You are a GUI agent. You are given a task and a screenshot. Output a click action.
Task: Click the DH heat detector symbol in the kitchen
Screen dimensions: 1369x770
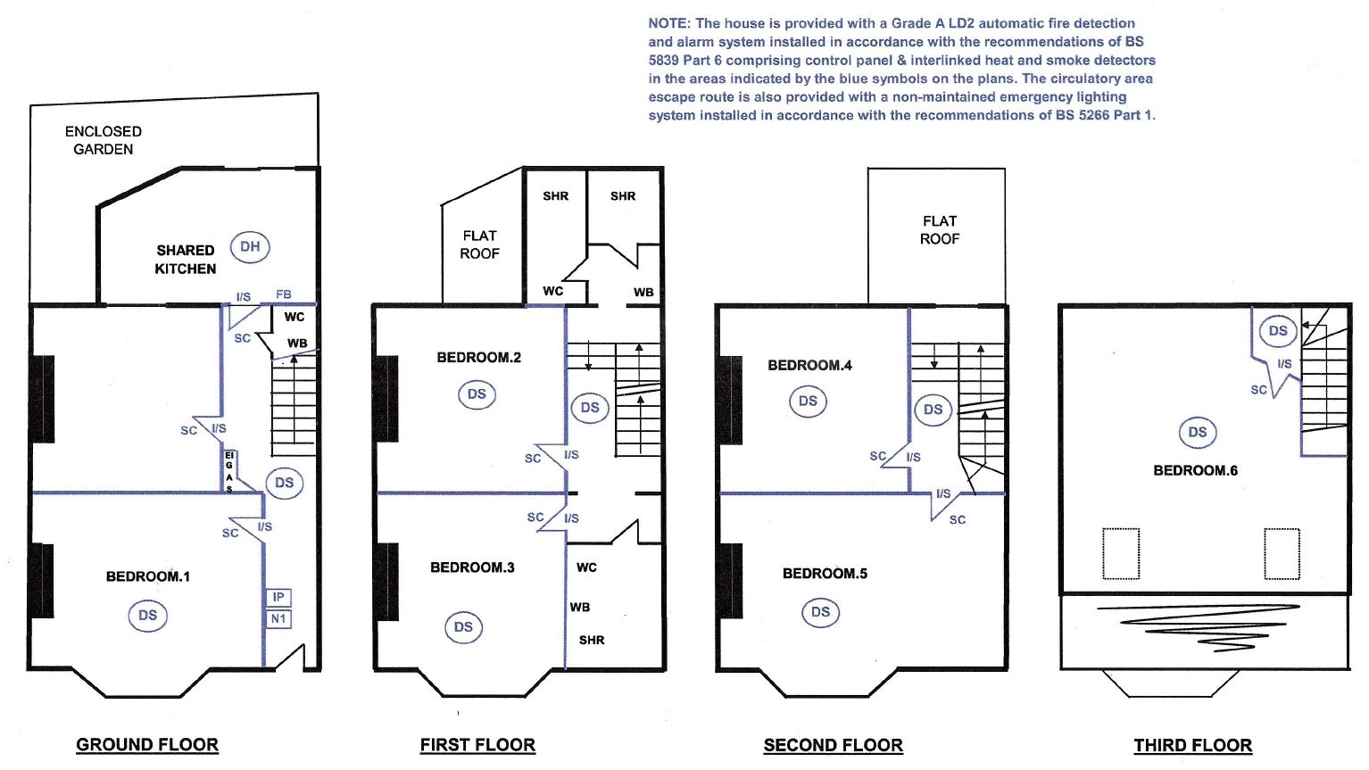(250, 247)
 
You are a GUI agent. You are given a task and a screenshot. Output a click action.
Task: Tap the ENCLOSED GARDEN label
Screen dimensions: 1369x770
(104, 140)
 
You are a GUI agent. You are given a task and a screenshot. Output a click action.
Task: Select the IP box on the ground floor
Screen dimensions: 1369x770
(278, 597)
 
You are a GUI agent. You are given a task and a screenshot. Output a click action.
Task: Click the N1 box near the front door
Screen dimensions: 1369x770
(278, 619)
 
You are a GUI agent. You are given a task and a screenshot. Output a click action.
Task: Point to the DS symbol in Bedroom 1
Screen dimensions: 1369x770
(147, 616)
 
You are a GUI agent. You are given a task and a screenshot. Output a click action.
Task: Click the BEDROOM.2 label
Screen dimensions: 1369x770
(479, 358)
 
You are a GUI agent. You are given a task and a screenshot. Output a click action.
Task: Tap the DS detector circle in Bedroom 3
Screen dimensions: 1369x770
(463, 627)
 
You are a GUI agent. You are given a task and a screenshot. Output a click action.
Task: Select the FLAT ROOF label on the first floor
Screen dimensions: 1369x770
(480, 244)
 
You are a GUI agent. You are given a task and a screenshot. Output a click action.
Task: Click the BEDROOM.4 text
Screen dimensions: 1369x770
(809, 366)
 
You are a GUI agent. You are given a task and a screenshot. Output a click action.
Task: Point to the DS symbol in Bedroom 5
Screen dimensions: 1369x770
(820, 612)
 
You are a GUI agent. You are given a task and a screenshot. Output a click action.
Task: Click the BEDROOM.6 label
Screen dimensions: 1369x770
(1196, 470)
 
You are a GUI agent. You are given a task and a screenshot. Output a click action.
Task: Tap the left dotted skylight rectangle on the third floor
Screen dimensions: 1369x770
(1121, 553)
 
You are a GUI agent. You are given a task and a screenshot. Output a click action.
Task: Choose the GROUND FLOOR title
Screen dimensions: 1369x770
(147, 745)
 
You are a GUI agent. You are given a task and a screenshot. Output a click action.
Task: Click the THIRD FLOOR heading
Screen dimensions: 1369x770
(1193, 746)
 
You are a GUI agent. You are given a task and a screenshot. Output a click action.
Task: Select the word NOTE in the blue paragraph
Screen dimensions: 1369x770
(668, 24)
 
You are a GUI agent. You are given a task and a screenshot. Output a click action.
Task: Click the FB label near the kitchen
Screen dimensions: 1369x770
(284, 294)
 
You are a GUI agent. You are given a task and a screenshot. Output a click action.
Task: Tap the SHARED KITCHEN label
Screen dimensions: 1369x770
(186, 260)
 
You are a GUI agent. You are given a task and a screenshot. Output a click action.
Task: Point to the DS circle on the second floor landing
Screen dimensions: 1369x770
(933, 410)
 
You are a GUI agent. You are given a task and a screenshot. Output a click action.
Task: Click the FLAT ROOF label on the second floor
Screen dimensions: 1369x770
(940, 230)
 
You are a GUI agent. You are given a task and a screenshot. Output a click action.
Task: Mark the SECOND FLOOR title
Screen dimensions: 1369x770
(833, 746)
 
